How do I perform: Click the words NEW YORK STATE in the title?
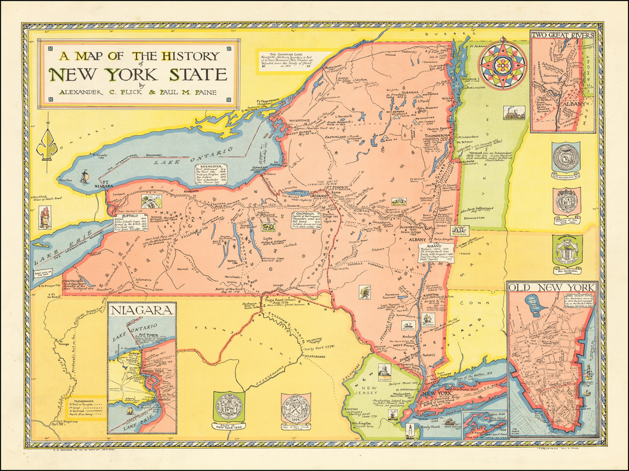pyautogui.click(x=138, y=75)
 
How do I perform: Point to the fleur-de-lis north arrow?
pyautogui.click(x=47, y=143)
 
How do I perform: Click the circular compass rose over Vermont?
pyautogui.click(x=502, y=64)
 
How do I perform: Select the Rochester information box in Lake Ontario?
pyautogui.click(x=211, y=174)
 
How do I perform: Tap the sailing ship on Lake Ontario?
pyautogui.click(x=85, y=177)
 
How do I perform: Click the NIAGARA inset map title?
pyautogui.click(x=141, y=311)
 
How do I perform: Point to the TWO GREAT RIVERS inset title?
pyautogui.click(x=563, y=35)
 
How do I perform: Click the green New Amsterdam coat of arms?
pyautogui.click(x=566, y=250)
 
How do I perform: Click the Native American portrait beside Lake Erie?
pyautogui.click(x=44, y=218)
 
